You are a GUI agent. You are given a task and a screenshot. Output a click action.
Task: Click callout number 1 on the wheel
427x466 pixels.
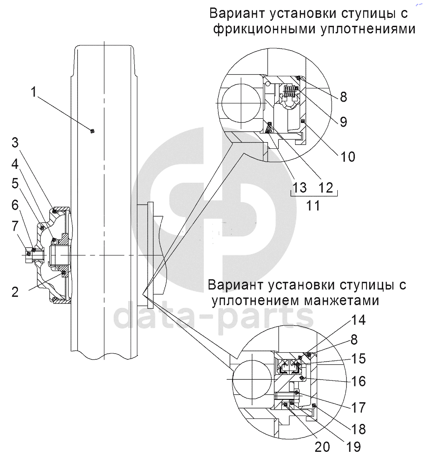34,92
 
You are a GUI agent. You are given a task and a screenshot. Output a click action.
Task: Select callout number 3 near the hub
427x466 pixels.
15,143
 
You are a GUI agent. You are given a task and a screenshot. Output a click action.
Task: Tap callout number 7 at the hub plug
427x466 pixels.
15,226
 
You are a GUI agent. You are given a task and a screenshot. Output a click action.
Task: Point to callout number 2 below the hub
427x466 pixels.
15,292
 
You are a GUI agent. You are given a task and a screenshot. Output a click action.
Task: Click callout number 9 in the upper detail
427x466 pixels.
343,122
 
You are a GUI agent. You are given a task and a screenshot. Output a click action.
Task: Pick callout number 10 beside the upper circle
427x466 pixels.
348,157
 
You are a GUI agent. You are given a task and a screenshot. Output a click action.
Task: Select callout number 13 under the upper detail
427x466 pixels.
299,188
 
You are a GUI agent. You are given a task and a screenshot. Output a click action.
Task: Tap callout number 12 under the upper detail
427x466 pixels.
326,188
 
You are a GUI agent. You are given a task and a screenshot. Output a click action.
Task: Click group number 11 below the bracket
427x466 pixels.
313,205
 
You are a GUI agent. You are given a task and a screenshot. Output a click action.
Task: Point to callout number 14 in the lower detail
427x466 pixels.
358,320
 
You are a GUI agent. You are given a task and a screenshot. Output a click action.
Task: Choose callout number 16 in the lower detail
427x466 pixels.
358,381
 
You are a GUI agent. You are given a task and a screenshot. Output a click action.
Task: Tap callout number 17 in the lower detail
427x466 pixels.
358,408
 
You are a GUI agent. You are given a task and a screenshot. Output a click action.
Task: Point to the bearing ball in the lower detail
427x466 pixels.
252,380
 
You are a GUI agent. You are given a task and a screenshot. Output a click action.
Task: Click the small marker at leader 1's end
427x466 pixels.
92,131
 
